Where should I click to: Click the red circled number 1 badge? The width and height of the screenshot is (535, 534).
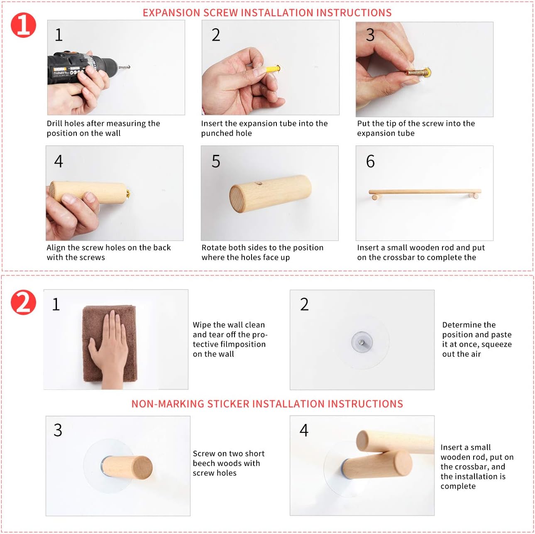pyautogui.click(x=23, y=25)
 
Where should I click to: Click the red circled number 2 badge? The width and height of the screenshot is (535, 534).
pyautogui.click(x=23, y=302)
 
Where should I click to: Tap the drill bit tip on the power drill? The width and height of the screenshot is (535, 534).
pyautogui.click(x=129, y=67)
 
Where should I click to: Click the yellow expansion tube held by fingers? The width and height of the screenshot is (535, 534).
pyautogui.click(x=272, y=69)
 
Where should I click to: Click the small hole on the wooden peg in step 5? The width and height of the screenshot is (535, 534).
pyautogui.click(x=259, y=184)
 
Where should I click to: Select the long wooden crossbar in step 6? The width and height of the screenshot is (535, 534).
pyautogui.click(x=425, y=192)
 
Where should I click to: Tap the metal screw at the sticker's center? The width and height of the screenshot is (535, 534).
pyautogui.click(x=362, y=342)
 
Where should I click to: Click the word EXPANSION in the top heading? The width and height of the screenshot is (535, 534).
pyautogui.click(x=171, y=13)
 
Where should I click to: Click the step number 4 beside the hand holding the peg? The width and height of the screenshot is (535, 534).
pyautogui.click(x=59, y=161)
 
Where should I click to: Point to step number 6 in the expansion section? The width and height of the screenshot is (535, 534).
pyautogui.click(x=370, y=161)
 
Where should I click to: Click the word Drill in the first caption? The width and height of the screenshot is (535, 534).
pyautogui.click(x=55, y=123)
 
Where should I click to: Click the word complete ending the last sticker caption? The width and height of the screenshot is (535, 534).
pyautogui.click(x=458, y=487)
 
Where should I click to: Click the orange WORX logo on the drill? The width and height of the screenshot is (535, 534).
pyautogui.click(x=59, y=69)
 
